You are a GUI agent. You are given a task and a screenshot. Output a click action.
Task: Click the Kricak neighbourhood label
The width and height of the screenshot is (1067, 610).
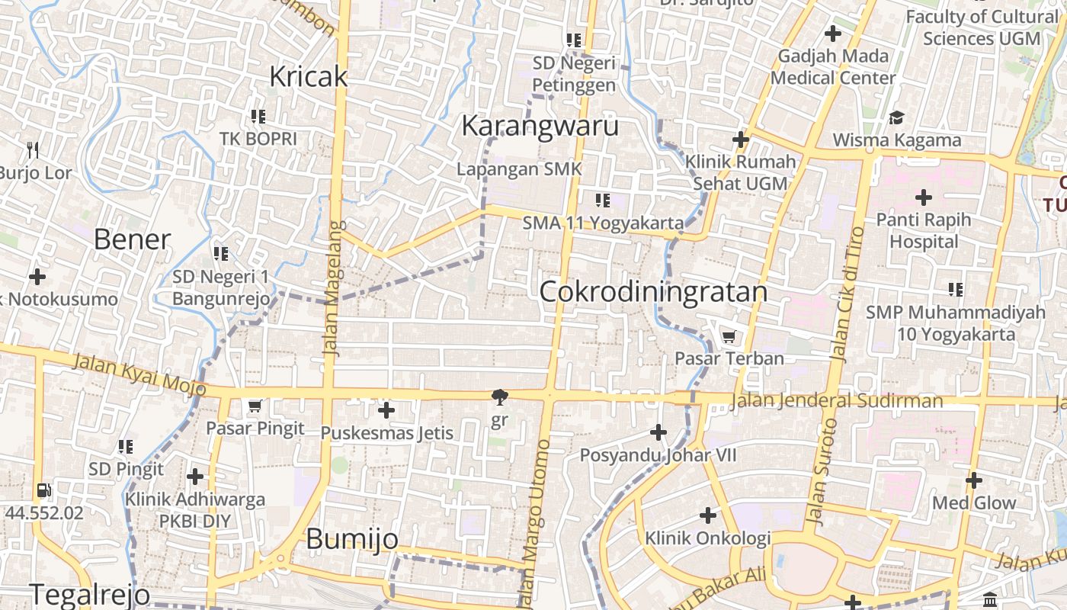(x=309, y=76)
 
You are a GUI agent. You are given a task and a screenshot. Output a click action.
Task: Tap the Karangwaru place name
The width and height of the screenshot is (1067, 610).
(x=540, y=126)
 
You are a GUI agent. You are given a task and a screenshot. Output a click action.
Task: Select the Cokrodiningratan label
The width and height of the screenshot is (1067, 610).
(x=653, y=292)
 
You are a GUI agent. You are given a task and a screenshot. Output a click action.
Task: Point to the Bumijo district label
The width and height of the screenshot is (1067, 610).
(x=352, y=539)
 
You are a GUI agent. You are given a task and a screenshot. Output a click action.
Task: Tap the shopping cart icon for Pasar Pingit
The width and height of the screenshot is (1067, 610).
(x=255, y=406)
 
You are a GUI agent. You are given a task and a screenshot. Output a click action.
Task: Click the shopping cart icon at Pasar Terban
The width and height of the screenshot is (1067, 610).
(x=729, y=336)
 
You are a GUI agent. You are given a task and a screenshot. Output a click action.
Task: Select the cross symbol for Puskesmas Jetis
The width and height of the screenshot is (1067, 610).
(x=386, y=411)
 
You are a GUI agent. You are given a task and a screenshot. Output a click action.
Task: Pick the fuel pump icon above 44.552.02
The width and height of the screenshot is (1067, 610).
(x=43, y=490)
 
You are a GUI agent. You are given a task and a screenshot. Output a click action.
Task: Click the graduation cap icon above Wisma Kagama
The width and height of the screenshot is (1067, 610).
(x=896, y=118)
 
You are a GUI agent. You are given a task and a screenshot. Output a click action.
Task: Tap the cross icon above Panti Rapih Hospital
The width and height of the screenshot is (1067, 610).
(x=924, y=198)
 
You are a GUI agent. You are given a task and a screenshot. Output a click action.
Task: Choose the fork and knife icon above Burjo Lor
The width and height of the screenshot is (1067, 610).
(x=32, y=149)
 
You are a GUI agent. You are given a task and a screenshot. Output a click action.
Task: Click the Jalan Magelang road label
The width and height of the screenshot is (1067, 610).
(x=334, y=288)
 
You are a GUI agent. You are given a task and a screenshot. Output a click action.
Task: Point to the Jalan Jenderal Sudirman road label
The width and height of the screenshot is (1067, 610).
(x=836, y=401)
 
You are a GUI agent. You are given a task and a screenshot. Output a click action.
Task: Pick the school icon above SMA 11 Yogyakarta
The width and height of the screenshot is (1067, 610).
(x=603, y=201)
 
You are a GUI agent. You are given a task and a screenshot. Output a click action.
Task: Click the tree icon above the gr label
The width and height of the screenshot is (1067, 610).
(x=500, y=396)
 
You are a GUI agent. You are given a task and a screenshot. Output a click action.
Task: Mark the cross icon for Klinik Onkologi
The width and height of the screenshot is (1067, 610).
(x=708, y=515)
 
